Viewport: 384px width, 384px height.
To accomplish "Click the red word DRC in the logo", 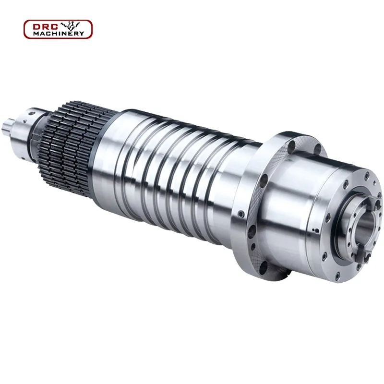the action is pyautogui.click(x=45, y=27).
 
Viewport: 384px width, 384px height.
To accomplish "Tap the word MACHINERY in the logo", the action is pyautogui.click(x=59, y=34).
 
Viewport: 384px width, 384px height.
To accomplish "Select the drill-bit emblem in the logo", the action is pyautogui.click(x=70, y=25).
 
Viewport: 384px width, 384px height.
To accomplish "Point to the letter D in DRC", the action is pyautogui.click(x=37, y=27).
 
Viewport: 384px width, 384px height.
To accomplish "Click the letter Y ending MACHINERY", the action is pyautogui.click(x=82, y=34).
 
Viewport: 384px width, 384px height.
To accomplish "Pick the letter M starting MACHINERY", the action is pyautogui.click(x=36, y=34).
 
